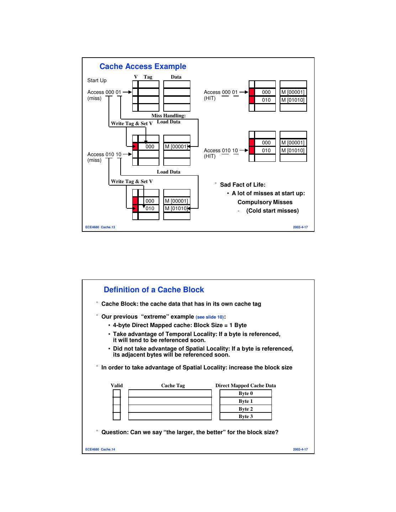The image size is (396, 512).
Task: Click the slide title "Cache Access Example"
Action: point(143,66)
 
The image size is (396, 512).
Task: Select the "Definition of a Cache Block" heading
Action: point(154,290)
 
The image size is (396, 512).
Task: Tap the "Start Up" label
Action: point(97,80)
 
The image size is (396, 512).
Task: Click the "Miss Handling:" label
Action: point(168,116)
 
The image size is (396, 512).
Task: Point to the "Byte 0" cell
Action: point(245,393)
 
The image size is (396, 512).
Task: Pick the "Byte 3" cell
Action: point(245,416)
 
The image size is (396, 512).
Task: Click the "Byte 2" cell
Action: point(245,409)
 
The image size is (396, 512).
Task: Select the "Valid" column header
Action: point(117,385)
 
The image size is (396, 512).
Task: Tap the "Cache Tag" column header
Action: point(173,385)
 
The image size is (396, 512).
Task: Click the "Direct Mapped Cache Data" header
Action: point(245,385)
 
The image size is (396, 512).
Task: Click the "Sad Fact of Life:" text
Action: point(243,185)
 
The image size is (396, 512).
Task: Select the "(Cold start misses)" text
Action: point(272,211)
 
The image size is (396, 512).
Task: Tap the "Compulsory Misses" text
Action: point(265,202)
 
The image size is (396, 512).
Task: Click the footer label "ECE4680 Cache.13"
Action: point(100,227)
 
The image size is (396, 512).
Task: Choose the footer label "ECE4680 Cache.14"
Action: point(100,449)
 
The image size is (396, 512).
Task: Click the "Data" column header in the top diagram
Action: point(176,77)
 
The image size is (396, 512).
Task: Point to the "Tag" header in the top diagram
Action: point(148,77)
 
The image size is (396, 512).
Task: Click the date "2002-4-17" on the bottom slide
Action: point(300,449)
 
